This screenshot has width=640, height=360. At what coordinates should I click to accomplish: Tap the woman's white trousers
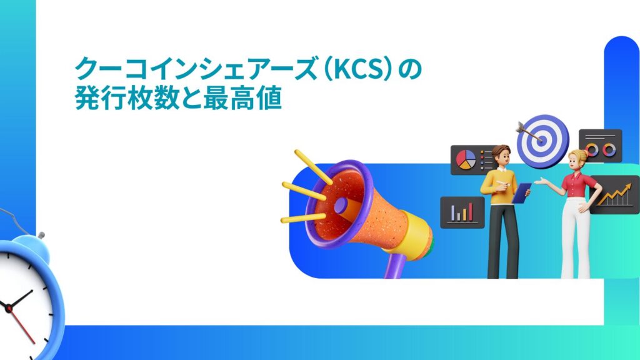coord(576,241)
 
